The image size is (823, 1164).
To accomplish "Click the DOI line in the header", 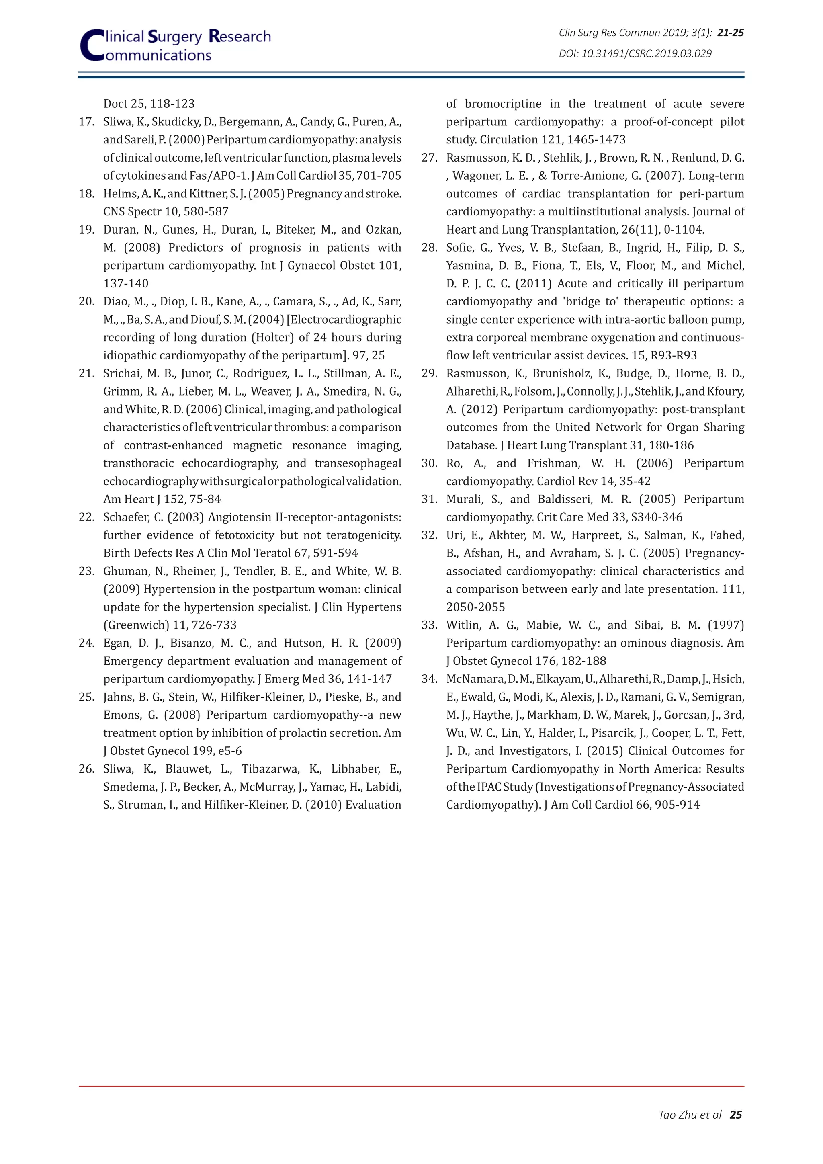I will pyautogui.click(x=635, y=54).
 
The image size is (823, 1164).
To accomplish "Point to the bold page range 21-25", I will pyautogui.click(x=731, y=33).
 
